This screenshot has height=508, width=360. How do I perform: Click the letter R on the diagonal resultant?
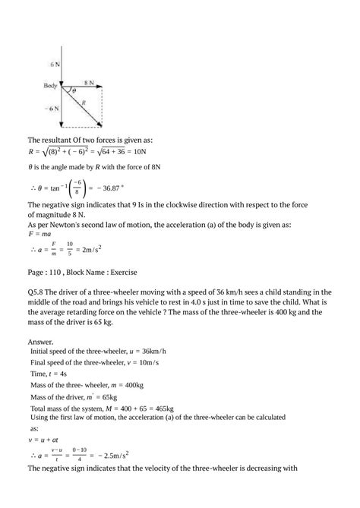[94, 99]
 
